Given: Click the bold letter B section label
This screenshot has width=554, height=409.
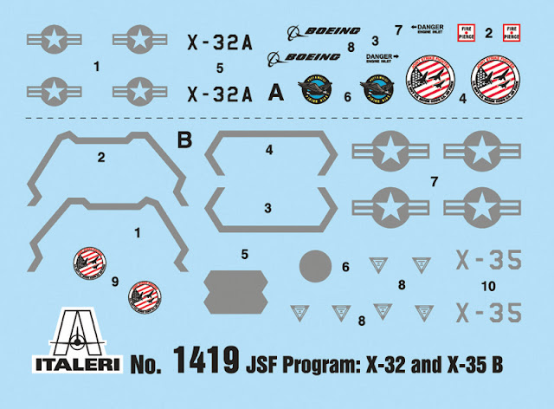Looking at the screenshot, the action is [x=183, y=139].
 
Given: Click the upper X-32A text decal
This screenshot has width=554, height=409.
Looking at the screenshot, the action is [x=221, y=39].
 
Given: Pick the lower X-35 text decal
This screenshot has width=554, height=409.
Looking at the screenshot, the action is [x=489, y=310].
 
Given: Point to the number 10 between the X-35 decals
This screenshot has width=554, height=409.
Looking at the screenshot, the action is [x=488, y=285].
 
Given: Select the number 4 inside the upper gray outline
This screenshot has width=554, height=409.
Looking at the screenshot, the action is [x=268, y=150].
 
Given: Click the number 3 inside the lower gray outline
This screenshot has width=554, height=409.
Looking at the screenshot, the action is [x=267, y=208].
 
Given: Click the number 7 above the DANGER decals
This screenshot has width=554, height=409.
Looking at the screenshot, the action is [x=397, y=30].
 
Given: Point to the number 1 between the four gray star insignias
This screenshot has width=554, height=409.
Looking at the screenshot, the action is [x=97, y=65].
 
